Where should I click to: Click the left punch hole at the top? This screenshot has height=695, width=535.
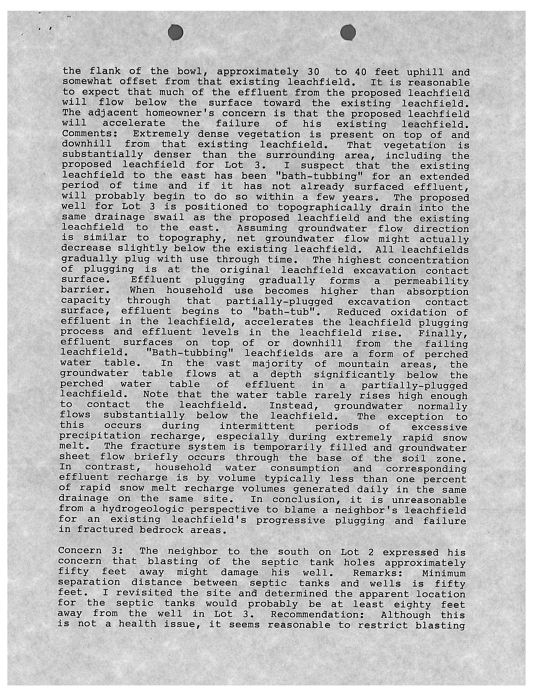pos(176,32)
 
